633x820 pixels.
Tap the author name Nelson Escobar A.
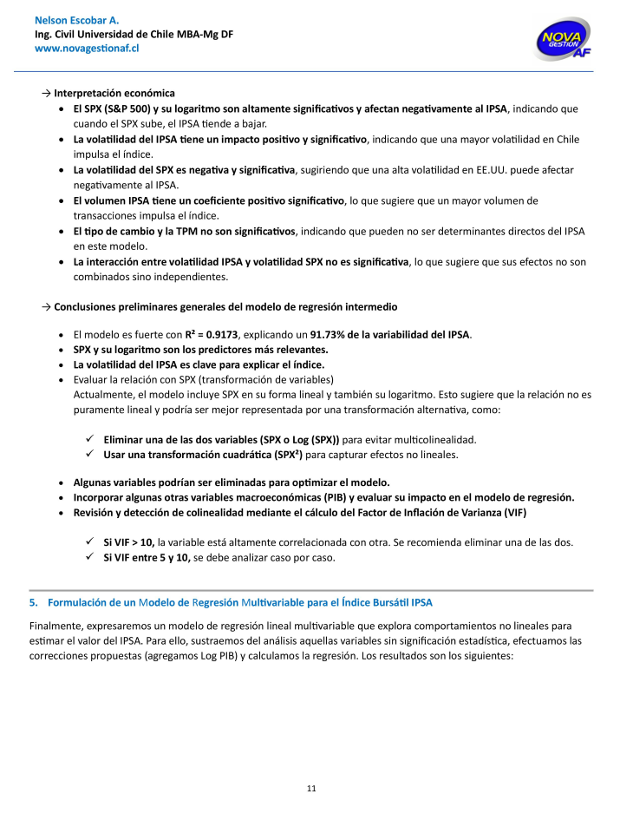pyautogui.click(x=76, y=19)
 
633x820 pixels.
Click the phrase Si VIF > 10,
pyautogui.click(x=128, y=542)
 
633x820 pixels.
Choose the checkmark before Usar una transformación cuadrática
pyautogui.click(x=90, y=454)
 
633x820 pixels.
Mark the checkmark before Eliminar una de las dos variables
pyautogui.click(x=90, y=439)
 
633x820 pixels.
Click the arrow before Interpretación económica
pyautogui.click(x=46, y=93)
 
